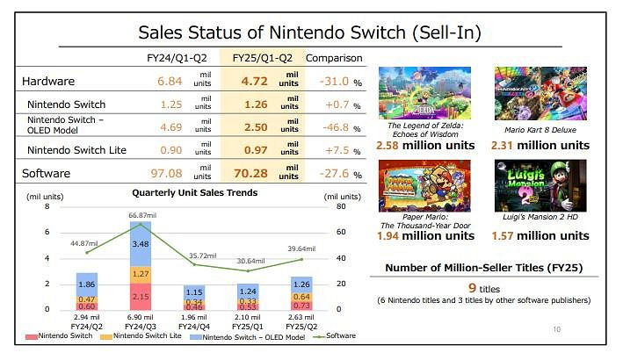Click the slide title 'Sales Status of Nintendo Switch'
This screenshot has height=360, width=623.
311,33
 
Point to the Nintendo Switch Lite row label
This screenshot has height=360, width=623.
77,150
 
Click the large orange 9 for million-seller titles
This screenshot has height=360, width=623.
472,286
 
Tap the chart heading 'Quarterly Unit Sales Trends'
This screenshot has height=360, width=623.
194,192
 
